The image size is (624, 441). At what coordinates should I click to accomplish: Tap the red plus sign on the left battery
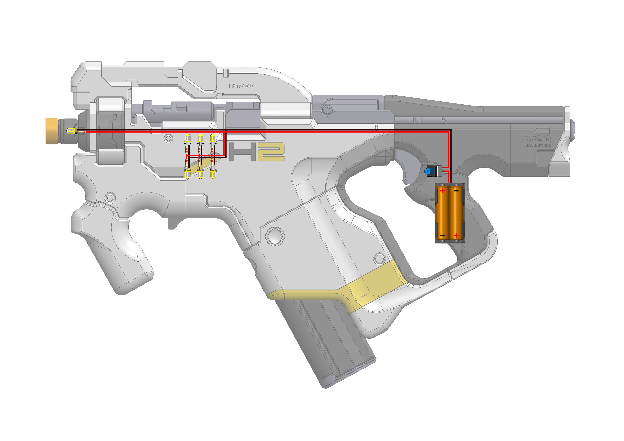442,191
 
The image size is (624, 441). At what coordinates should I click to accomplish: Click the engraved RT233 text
242,86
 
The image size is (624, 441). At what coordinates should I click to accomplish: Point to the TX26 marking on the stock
534,139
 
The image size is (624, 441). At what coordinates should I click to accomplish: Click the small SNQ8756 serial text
538,145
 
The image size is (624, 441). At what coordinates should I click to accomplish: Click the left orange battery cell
442,213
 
